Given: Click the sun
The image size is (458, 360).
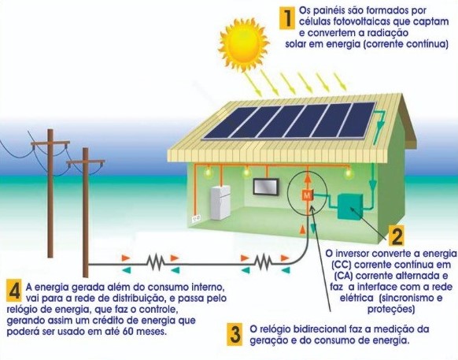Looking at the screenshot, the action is coord(244,43).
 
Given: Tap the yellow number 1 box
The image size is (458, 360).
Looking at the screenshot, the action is coord(287,18).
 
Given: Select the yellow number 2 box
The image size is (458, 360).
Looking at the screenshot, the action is coord(396,236).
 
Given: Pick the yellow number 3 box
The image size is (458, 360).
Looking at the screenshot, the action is coord(235,335).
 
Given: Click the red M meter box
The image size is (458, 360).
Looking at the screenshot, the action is coord(307,195).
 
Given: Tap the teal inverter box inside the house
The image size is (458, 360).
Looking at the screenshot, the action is coord(350,206).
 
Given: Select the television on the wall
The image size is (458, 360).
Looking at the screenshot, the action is coord(265,187).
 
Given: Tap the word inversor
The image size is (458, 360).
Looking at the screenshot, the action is coord(363,254).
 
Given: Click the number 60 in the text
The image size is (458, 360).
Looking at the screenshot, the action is coord(128,332).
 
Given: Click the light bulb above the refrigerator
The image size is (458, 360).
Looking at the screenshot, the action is coord(208,173).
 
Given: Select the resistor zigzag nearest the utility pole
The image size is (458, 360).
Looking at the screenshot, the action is coord(155,262).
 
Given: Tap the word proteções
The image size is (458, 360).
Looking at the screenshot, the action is coord(391,309).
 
